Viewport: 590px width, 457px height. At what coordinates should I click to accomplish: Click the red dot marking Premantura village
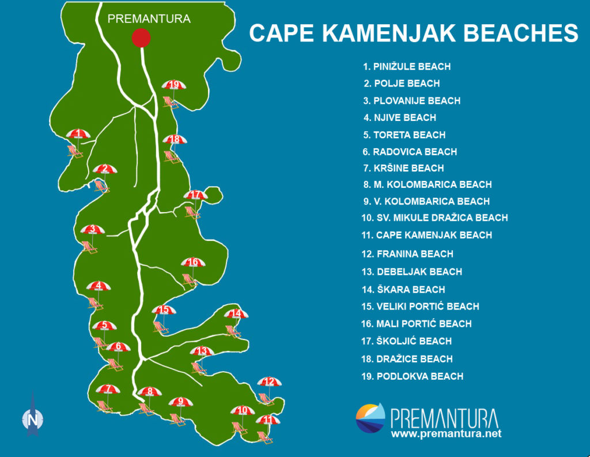point(141,37)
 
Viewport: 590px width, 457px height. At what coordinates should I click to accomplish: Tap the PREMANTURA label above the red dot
point(149,18)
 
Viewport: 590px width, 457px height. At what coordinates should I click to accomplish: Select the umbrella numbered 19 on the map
point(175,85)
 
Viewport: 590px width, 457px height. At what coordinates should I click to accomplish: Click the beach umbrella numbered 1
point(78,134)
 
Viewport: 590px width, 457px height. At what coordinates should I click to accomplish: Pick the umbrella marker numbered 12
point(269,382)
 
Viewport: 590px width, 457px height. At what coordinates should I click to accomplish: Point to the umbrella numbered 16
point(193,263)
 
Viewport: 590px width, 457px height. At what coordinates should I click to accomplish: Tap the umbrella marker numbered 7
point(108,390)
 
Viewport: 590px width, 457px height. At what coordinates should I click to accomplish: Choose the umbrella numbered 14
point(236,314)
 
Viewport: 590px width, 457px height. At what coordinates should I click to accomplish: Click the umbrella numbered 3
point(92,230)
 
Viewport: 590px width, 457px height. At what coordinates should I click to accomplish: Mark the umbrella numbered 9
point(180,402)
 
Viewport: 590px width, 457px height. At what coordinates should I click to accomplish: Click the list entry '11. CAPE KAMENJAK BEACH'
point(426,235)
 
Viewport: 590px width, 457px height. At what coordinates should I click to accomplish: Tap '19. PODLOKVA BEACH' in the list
point(412,376)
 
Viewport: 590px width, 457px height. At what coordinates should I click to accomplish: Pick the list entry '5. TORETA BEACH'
point(404,135)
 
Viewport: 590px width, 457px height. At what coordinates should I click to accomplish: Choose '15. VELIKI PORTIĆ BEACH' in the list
point(420,307)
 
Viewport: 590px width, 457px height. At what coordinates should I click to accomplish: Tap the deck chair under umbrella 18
point(171,156)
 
